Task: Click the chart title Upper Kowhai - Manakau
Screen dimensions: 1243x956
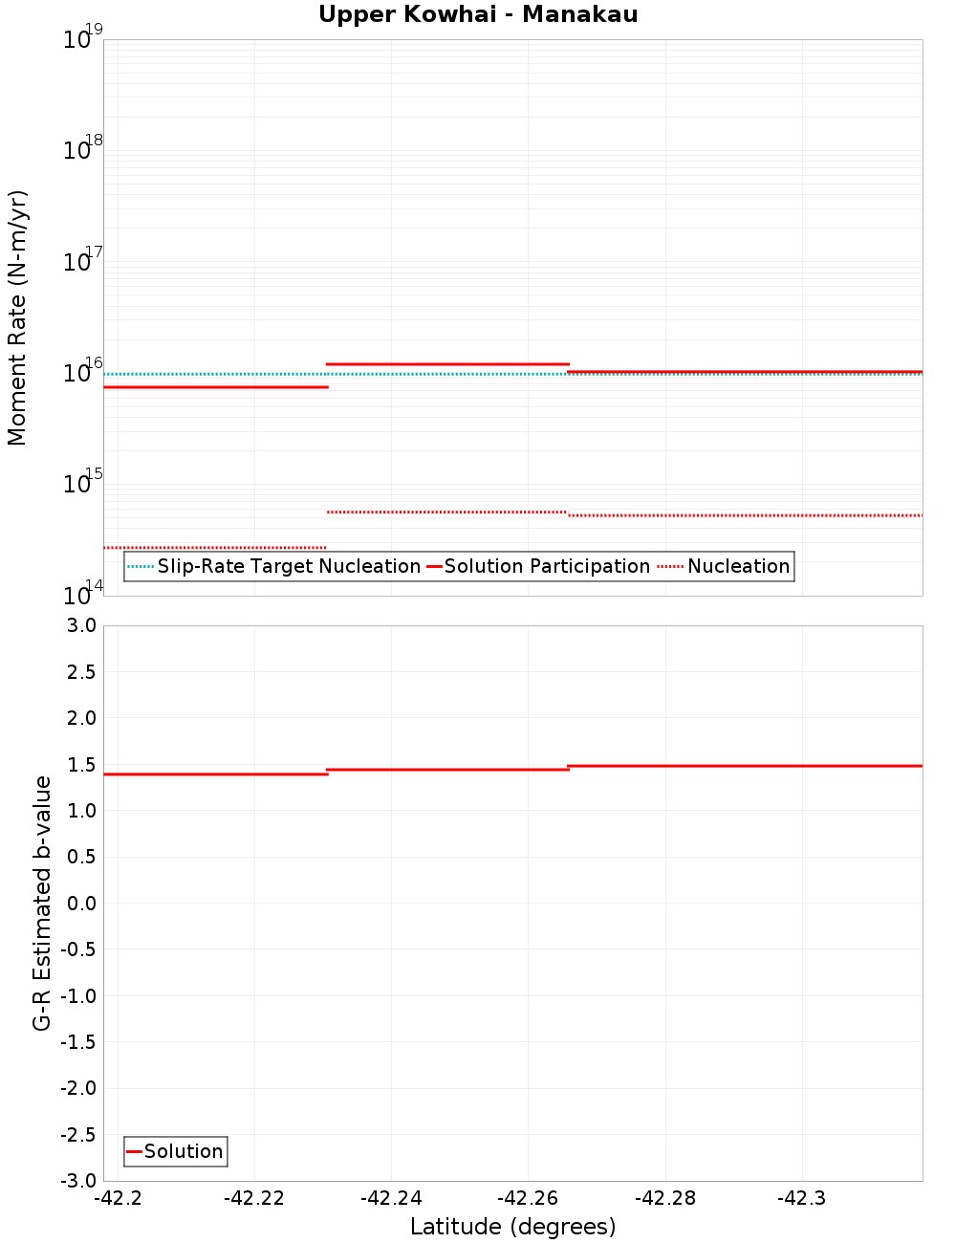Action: (x=478, y=15)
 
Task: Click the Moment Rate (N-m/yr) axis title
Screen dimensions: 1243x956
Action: (x=17, y=317)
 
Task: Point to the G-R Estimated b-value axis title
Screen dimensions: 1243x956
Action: (x=42, y=903)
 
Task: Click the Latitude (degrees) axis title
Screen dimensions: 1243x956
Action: (x=512, y=1227)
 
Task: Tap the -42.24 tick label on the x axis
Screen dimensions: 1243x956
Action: (x=391, y=1199)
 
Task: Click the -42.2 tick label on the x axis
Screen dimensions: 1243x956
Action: (x=119, y=1199)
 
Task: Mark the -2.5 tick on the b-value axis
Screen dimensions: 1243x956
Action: (x=76, y=1135)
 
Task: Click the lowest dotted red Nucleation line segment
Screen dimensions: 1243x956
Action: (x=215, y=548)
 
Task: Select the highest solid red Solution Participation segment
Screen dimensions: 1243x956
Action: (x=447, y=364)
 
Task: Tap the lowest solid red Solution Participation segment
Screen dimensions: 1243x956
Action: (x=215, y=387)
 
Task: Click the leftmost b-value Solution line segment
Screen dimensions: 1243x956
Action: (x=215, y=774)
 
